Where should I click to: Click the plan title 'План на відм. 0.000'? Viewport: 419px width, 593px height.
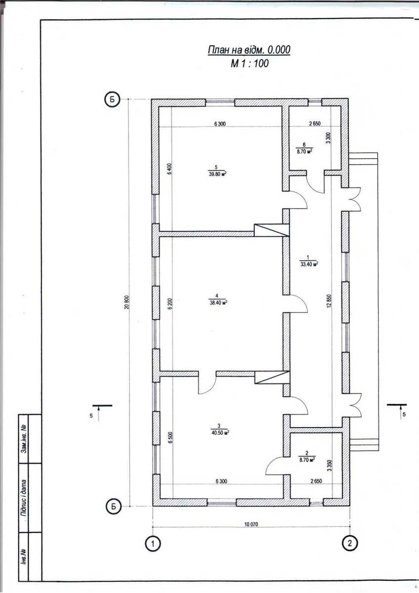pos(249,49)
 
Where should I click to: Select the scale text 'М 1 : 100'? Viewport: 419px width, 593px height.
pos(250,64)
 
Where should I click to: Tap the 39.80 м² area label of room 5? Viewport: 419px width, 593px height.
pos(217,174)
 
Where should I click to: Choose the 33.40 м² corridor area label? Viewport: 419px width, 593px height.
pos(309,264)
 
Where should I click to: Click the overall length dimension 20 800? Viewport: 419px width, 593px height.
pos(127,302)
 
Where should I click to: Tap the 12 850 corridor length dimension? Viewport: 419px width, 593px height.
pos(329,301)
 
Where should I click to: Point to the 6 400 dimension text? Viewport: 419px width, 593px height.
pos(169,169)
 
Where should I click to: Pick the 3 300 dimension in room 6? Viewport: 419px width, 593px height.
pos(329,137)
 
